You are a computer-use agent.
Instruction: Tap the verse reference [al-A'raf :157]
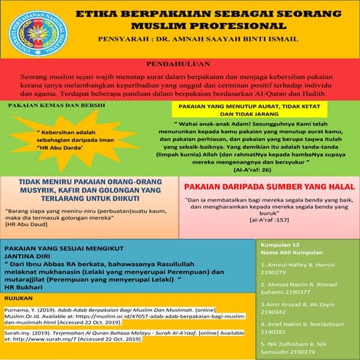coord(271,218)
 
